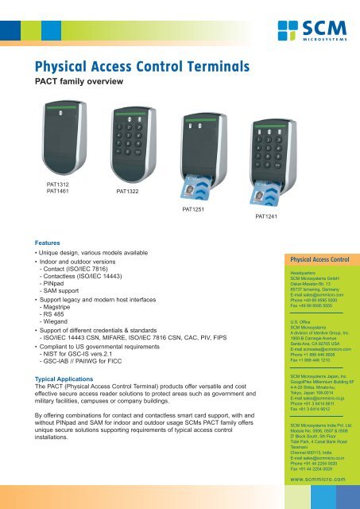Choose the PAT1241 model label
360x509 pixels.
pyautogui.click(x=267, y=216)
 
